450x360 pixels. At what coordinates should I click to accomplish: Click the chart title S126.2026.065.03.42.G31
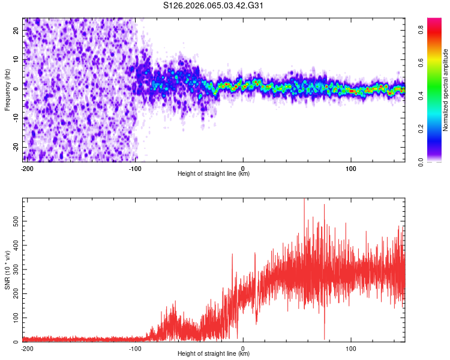point(214,6)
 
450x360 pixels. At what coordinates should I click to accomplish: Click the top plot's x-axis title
point(214,173)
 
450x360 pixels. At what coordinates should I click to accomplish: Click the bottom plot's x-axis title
point(214,353)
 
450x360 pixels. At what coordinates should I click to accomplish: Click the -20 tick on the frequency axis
point(15,147)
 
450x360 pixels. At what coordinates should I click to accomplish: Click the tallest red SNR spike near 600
point(304,200)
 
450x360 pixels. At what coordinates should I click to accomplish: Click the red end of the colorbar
point(434,21)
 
